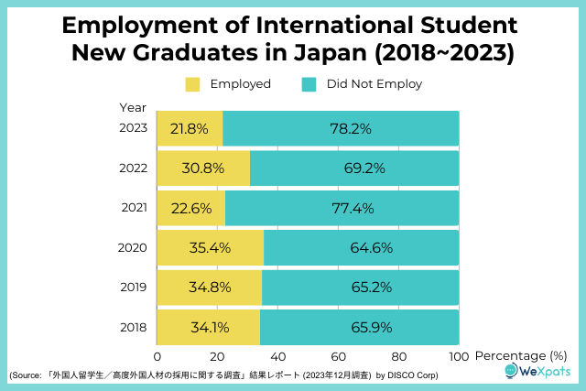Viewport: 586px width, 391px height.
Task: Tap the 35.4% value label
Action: point(211,247)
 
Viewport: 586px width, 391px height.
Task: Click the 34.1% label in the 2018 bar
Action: point(209,327)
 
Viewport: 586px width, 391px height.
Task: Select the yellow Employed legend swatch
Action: point(192,84)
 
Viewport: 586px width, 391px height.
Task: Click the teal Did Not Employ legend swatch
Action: point(309,84)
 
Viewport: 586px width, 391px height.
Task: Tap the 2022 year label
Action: point(135,168)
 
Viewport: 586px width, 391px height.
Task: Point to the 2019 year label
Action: point(135,288)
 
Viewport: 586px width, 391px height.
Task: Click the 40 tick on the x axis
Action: point(278,355)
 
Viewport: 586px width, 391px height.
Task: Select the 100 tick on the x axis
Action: point(458,355)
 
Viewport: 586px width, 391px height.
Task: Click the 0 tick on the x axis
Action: point(157,355)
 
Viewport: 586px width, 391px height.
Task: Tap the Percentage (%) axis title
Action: point(523,355)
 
